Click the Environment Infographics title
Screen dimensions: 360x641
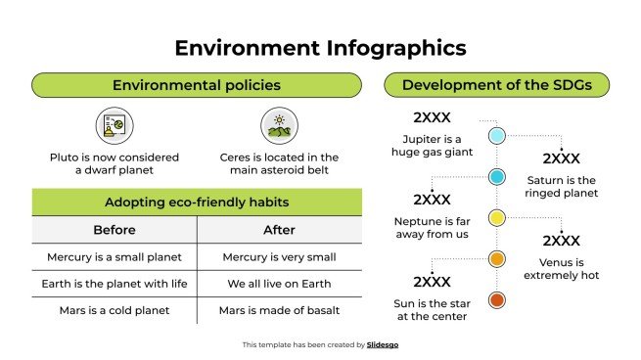coord(320,47)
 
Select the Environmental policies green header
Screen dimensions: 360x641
coord(197,85)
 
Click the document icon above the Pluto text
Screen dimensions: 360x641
coord(113,126)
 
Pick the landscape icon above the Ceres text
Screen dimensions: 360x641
coord(279,126)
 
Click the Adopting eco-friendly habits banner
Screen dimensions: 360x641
coord(197,203)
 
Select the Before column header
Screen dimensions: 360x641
coord(114,231)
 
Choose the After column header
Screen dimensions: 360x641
coord(280,231)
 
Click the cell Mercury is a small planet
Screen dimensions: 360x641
coord(114,257)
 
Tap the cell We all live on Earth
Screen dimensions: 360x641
coord(280,284)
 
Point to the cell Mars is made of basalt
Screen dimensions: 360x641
coord(280,310)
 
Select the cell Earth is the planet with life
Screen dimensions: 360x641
coord(114,284)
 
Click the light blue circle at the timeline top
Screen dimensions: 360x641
coord(496,135)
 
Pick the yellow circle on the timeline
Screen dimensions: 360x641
coord(496,217)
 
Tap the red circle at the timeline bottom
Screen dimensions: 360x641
coord(496,300)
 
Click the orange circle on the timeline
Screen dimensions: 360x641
coord(496,258)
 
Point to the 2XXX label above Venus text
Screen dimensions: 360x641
coord(561,241)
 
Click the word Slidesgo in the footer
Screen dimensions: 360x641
coord(383,344)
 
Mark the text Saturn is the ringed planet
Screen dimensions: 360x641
coord(561,187)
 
